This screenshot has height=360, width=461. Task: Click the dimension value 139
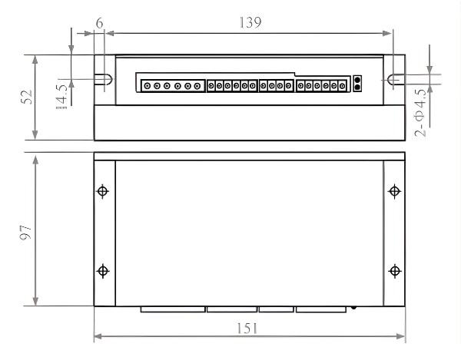pyautogui.click(x=249, y=22)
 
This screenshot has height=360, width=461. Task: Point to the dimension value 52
pyautogui.click(x=25, y=97)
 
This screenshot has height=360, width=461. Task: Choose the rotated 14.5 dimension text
pyautogui.click(x=61, y=97)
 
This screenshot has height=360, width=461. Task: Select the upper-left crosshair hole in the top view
pyautogui.click(x=104, y=191)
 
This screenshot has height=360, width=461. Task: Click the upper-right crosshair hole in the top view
pyautogui.click(x=394, y=191)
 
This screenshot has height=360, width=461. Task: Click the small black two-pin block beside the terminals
pyautogui.click(x=356, y=83)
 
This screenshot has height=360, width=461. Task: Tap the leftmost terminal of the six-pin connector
pyautogui.click(x=148, y=86)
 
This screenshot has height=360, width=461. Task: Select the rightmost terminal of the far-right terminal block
pyautogui.click(x=343, y=86)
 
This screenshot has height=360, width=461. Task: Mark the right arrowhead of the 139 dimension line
pyautogui.click(x=389, y=33)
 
